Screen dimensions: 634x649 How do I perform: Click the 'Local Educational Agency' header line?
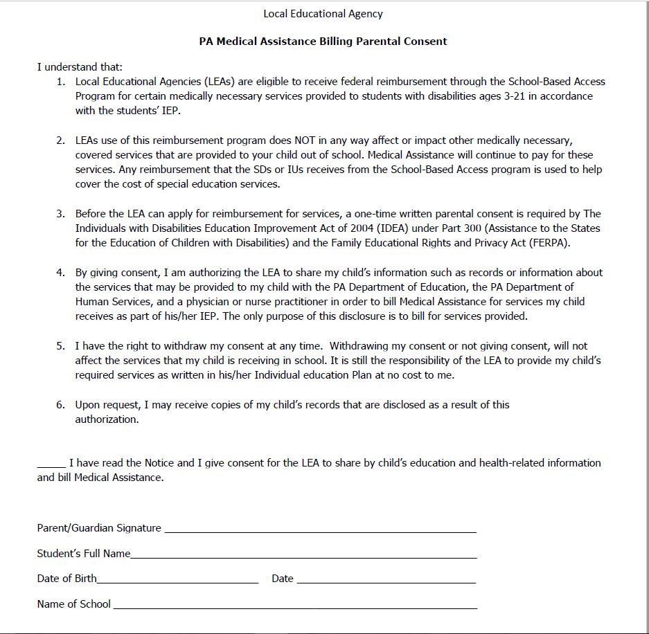(x=323, y=13)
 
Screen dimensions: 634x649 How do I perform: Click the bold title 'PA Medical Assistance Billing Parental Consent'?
(x=323, y=41)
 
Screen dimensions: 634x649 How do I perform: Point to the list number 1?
(x=60, y=82)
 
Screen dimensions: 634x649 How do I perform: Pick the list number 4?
(x=60, y=272)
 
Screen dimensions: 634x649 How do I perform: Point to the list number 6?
(x=60, y=404)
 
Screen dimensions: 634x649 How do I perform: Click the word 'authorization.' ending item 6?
(x=107, y=419)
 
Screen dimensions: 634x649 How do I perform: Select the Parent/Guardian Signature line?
(x=320, y=531)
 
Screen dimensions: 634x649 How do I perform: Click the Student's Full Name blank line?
(x=303, y=556)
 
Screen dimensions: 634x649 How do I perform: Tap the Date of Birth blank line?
(x=177, y=582)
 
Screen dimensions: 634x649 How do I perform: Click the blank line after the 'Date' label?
(x=386, y=582)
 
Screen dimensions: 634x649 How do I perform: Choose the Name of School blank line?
(x=294, y=608)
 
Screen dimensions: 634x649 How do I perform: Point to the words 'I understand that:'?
(x=80, y=67)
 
